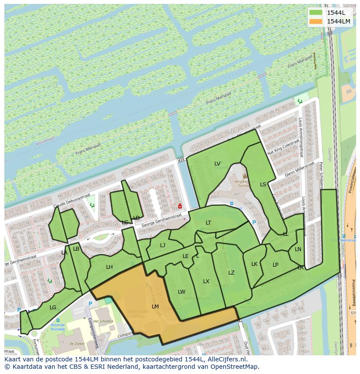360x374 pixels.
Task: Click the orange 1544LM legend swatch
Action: click(316, 21)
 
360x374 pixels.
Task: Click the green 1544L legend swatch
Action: click(316, 13)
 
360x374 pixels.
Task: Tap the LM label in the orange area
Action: click(155, 306)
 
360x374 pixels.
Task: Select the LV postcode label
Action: click(217, 164)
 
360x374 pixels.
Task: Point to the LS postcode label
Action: click(263, 185)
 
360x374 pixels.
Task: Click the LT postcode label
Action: click(208, 223)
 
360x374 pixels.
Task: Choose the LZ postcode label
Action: click(231, 273)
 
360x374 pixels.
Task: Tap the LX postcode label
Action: click(206, 281)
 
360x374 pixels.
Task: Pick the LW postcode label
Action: click(181, 292)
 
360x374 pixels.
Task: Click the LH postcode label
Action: click(109, 267)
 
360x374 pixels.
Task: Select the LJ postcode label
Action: click(163, 245)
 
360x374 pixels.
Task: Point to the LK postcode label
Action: click(254, 264)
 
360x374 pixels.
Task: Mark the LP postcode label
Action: click(275, 265)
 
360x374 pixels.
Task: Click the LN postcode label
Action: click(298, 249)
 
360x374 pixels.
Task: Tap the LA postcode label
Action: click(64, 253)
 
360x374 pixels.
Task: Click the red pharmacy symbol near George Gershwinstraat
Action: click(180, 206)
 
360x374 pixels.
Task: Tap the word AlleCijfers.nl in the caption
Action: click(226, 359)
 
